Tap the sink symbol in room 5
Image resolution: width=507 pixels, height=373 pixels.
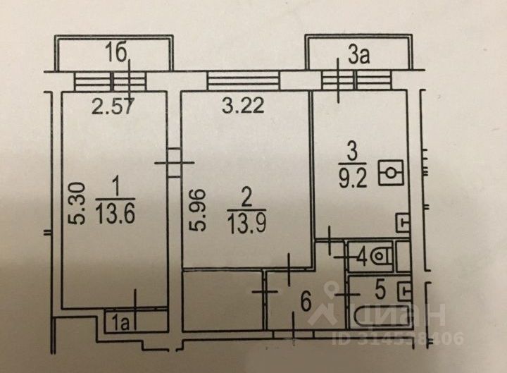point(403,290)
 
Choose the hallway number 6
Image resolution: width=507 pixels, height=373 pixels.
point(306,304)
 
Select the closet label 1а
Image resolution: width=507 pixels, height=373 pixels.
point(120,322)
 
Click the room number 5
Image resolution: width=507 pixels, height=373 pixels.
point(380,288)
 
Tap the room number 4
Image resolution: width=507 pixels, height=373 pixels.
point(361,257)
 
